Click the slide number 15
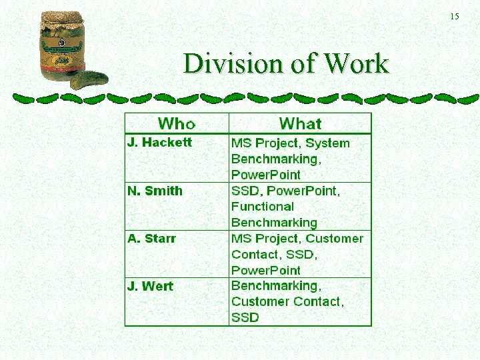(x=455, y=16)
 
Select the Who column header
(x=177, y=123)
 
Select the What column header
(x=300, y=123)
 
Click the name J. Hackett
(x=159, y=142)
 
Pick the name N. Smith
(x=155, y=191)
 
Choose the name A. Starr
(x=151, y=239)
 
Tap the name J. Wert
(x=150, y=287)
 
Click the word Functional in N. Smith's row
(x=263, y=207)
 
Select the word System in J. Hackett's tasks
(x=327, y=143)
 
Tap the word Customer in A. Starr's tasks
(x=335, y=239)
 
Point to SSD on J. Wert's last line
(x=245, y=318)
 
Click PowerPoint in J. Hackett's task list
(x=266, y=175)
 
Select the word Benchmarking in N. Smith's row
(x=274, y=223)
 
